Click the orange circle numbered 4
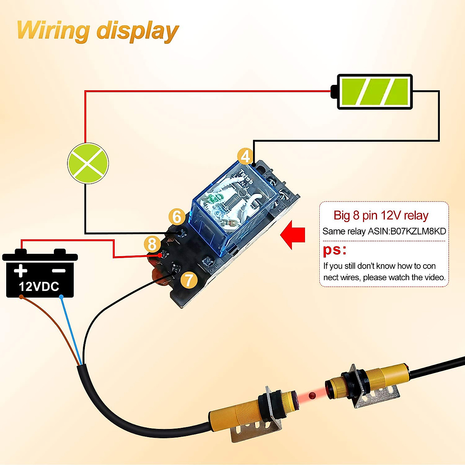(x=245, y=157)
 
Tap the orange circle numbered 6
(x=177, y=217)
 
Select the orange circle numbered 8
(x=152, y=244)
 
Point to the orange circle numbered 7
(x=189, y=280)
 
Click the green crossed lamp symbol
(x=88, y=164)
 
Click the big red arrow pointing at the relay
(x=293, y=234)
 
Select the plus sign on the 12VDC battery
(x=21, y=270)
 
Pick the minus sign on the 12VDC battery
(x=59, y=271)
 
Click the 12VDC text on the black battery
(x=39, y=287)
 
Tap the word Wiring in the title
(x=53, y=31)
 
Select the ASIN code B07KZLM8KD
(x=418, y=231)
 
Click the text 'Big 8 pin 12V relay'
(x=381, y=215)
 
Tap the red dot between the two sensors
(x=312, y=395)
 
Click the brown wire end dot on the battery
(x=21, y=296)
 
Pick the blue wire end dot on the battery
(x=61, y=296)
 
